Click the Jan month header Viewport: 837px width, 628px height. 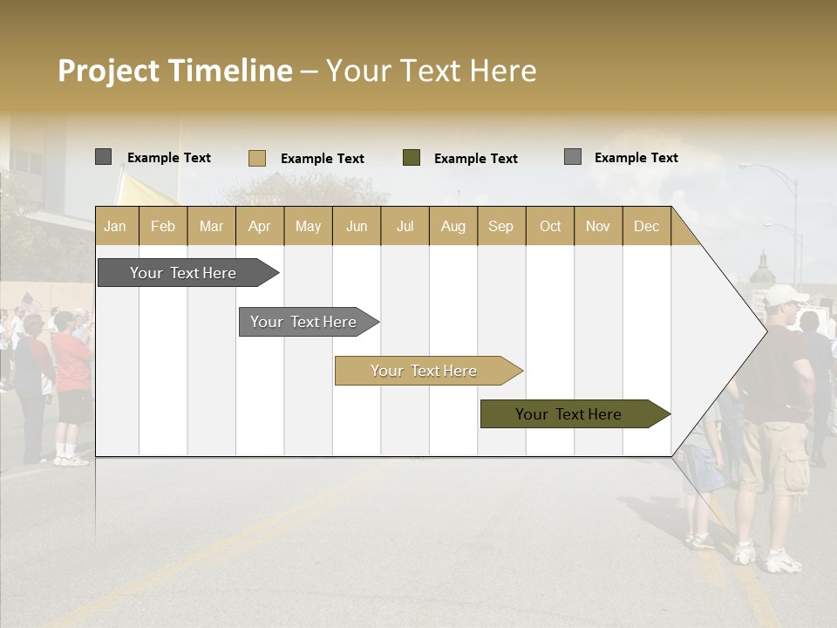pyautogui.click(x=116, y=226)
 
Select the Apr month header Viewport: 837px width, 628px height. pyautogui.click(x=260, y=226)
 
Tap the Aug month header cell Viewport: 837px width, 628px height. pyautogui.click(x=453, y=226)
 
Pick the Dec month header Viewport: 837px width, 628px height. pyautogui.click(x=646, y=226)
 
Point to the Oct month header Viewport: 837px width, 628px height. pyautogui.click(x=550, y=226)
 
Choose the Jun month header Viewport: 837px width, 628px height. pyautogui.click(x=357, y=226)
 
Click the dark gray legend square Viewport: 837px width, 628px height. pyautogui.click(x=103, y=157)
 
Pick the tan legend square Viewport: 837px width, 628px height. pyautogui.click(x=256, y=158)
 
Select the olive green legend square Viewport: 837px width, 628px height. pyautogui.click(x=412, y=158)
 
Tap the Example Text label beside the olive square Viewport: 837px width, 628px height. pyautogui.click(x=475, y=159)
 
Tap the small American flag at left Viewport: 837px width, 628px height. pyautogui.click(x=31, y=302)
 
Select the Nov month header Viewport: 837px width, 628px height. pyautogui.click(x=598, y=226)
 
